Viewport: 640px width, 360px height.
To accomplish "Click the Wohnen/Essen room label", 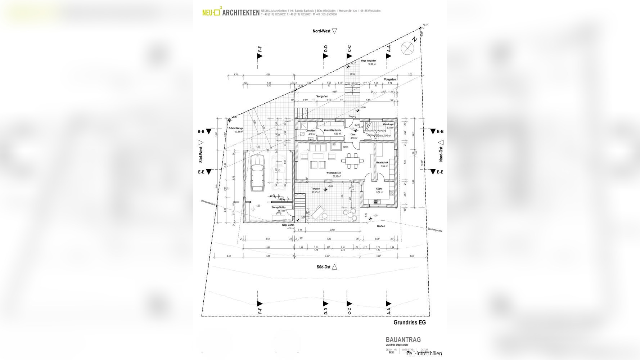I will coord(333,173).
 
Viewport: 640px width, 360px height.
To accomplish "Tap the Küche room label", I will coord(379,189).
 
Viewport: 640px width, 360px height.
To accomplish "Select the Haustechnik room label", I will coord(382,162).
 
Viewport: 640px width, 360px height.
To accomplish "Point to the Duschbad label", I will coord(310,131).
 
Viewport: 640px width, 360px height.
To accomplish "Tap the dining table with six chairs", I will coord(351,161).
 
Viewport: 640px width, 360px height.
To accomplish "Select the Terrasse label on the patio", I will coord(315,189).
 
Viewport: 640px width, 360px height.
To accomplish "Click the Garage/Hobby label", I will coord(278,207).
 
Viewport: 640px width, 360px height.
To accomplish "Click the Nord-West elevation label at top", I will coord(321,31).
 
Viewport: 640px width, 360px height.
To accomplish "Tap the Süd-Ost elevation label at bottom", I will coord(323,267).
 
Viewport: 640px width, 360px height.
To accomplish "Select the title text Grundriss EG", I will coord(409,323).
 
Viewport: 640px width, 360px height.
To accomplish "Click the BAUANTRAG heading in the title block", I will coord(403,339).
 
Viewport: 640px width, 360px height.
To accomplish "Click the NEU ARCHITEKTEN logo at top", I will coord(230,13).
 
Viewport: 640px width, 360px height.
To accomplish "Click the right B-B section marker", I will coord(437,132).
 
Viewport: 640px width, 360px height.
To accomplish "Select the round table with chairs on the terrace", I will coord(351,215).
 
